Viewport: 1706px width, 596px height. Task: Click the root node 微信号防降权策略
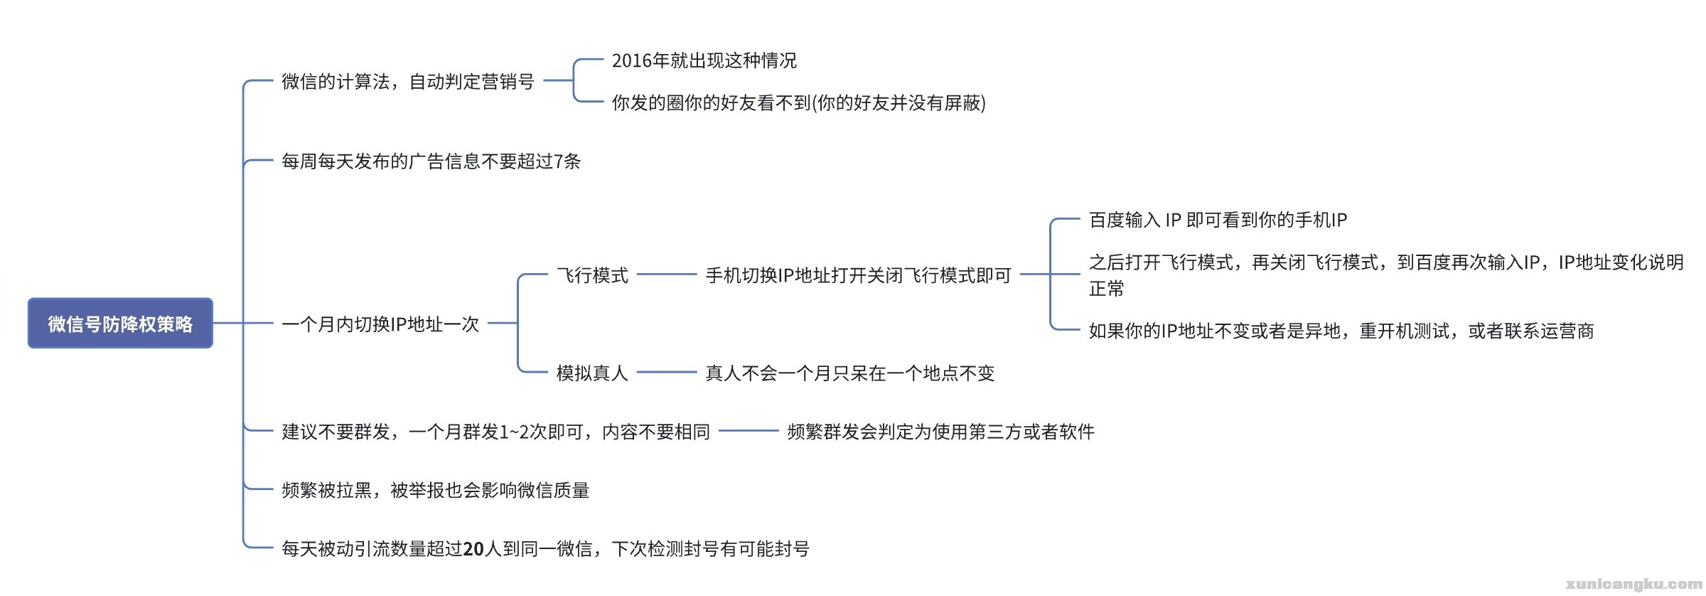[x=120, y=324]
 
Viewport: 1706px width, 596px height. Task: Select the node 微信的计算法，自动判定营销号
[x=407, y=82]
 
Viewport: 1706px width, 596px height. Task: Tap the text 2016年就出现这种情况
[x=704, y=61]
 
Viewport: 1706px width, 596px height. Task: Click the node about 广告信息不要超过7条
[x=431, y=161]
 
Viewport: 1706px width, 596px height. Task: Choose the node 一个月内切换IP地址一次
[x=380, y=324]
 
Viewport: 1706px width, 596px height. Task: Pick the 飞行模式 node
[x=592, y=275]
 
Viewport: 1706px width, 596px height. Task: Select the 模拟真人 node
[x=592, y=373]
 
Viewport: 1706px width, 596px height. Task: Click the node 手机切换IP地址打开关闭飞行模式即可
[x=858, y=275]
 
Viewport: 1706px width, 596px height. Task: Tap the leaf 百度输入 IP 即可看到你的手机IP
[x=1218, y=220]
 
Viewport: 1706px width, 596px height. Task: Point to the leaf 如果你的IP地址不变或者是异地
[x=1341, y=331]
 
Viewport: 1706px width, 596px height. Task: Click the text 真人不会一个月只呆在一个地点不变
[x=849, y=373]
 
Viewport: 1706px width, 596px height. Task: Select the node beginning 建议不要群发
[x=495, y=432]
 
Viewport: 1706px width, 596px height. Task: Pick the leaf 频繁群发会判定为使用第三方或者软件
[x=940, y=432]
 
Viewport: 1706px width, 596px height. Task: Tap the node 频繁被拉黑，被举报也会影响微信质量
[x=435, y=490]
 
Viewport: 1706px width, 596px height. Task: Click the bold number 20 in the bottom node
[x=473, y=549]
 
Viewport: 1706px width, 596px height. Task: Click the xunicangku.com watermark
[x=1633, y=584]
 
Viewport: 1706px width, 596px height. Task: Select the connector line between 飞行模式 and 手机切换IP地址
[x=667, y=275]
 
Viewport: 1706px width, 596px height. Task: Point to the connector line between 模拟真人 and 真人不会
[x=667, y=372]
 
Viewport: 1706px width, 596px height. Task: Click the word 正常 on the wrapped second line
[x=1107, y=289]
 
